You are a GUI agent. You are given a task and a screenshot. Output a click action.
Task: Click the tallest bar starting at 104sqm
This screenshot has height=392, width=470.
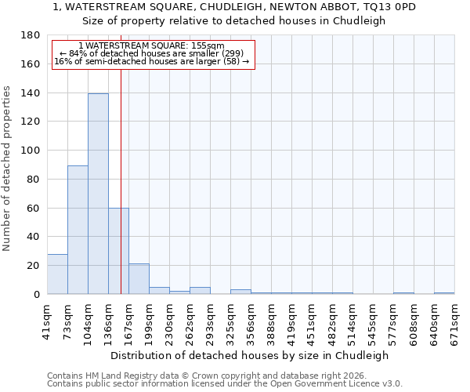[98, 194]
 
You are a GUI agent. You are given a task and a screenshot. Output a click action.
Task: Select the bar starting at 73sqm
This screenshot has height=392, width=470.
[78, 230]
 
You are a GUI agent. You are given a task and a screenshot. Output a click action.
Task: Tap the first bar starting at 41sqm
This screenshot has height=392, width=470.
[57, 274]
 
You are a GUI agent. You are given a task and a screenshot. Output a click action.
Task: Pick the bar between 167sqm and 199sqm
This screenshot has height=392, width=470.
[139, 279]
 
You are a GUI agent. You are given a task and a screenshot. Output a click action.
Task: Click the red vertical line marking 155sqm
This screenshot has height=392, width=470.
[121, 180]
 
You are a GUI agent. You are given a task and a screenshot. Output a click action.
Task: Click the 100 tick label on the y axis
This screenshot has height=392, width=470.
[31, 151]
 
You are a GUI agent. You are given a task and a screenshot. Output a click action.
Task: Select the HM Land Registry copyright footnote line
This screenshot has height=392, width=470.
[204, 376]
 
